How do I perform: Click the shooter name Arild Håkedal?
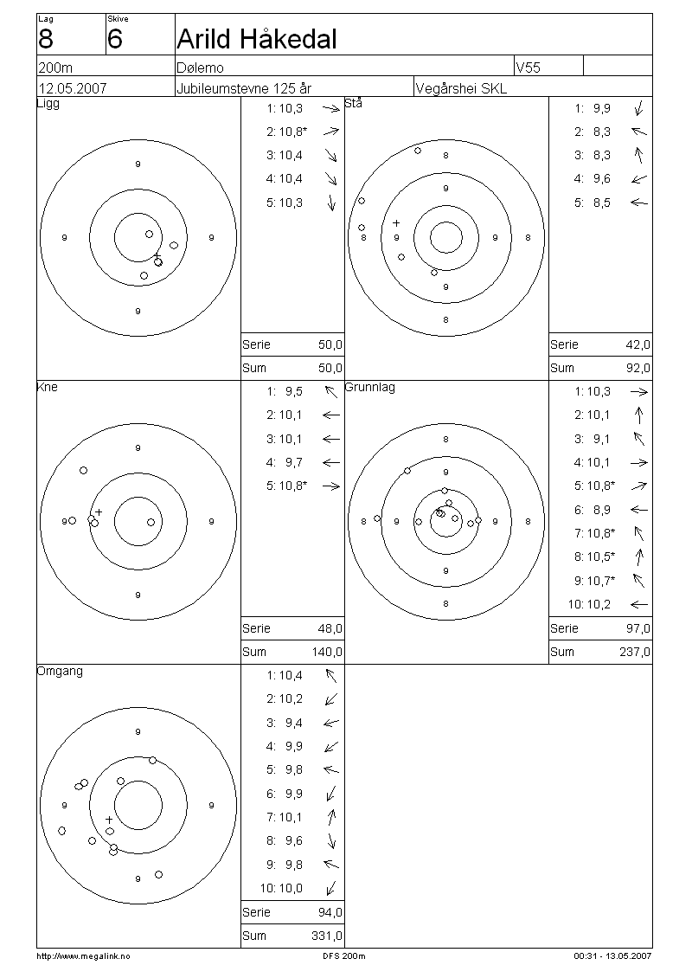(x=257, y=39)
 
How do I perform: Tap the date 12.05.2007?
(x=73, y=88)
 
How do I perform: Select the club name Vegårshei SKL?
(x=461, y=88)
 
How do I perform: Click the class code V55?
(x=528, y=68)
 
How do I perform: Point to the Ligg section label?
(x=48, y=104)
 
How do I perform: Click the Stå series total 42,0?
(x=638, y=344)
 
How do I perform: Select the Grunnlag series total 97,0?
(x=638, y=628)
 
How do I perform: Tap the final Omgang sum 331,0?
(x=327, y=936)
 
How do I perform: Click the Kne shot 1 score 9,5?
(x=293, y=392)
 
